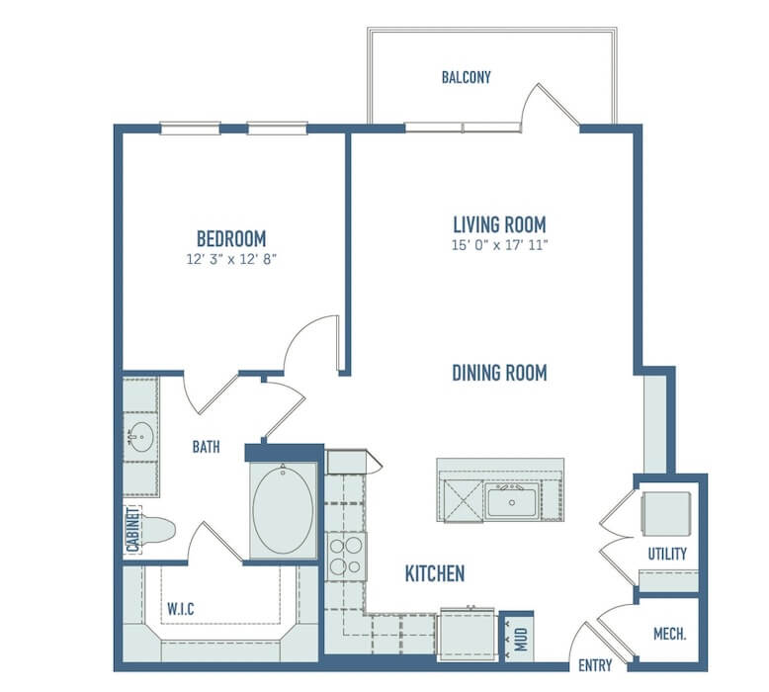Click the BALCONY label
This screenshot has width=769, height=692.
point(466,77)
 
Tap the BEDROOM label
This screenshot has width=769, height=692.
point(231,239)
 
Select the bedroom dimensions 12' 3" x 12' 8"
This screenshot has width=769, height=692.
point(231,259)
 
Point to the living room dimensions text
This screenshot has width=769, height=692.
point(499,245)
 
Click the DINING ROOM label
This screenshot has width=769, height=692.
point(499,373)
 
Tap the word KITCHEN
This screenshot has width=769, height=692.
point(435,573)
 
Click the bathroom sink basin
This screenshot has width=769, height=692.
point(141,437)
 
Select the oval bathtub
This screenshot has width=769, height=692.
point(283,510)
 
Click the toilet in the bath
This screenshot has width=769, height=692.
point(156,530)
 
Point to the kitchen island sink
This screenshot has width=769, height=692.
point(512,500)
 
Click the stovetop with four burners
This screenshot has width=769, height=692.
point(346,557)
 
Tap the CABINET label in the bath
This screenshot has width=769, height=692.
point(132,530)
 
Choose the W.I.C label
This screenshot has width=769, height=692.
point(181,609)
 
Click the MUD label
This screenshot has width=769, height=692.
point(521,639)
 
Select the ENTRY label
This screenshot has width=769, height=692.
point(595,665)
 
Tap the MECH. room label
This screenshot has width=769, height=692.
point(670,634)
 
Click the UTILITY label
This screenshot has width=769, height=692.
point(667,555)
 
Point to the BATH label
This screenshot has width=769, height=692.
point(206,447)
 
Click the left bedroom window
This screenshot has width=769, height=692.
point(191,129)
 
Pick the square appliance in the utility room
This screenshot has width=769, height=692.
point(666,514)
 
